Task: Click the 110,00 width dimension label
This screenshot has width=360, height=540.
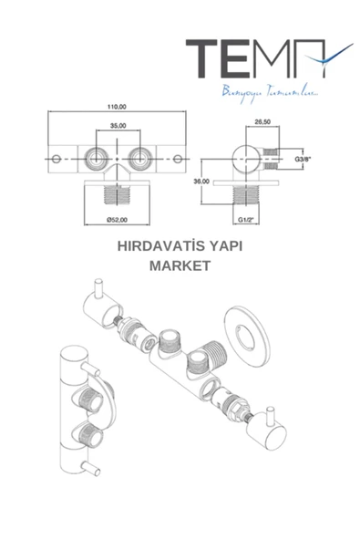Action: click(117, 106)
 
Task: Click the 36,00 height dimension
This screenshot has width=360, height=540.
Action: click(202, 182)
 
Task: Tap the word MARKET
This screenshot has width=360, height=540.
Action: click(180, 266)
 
